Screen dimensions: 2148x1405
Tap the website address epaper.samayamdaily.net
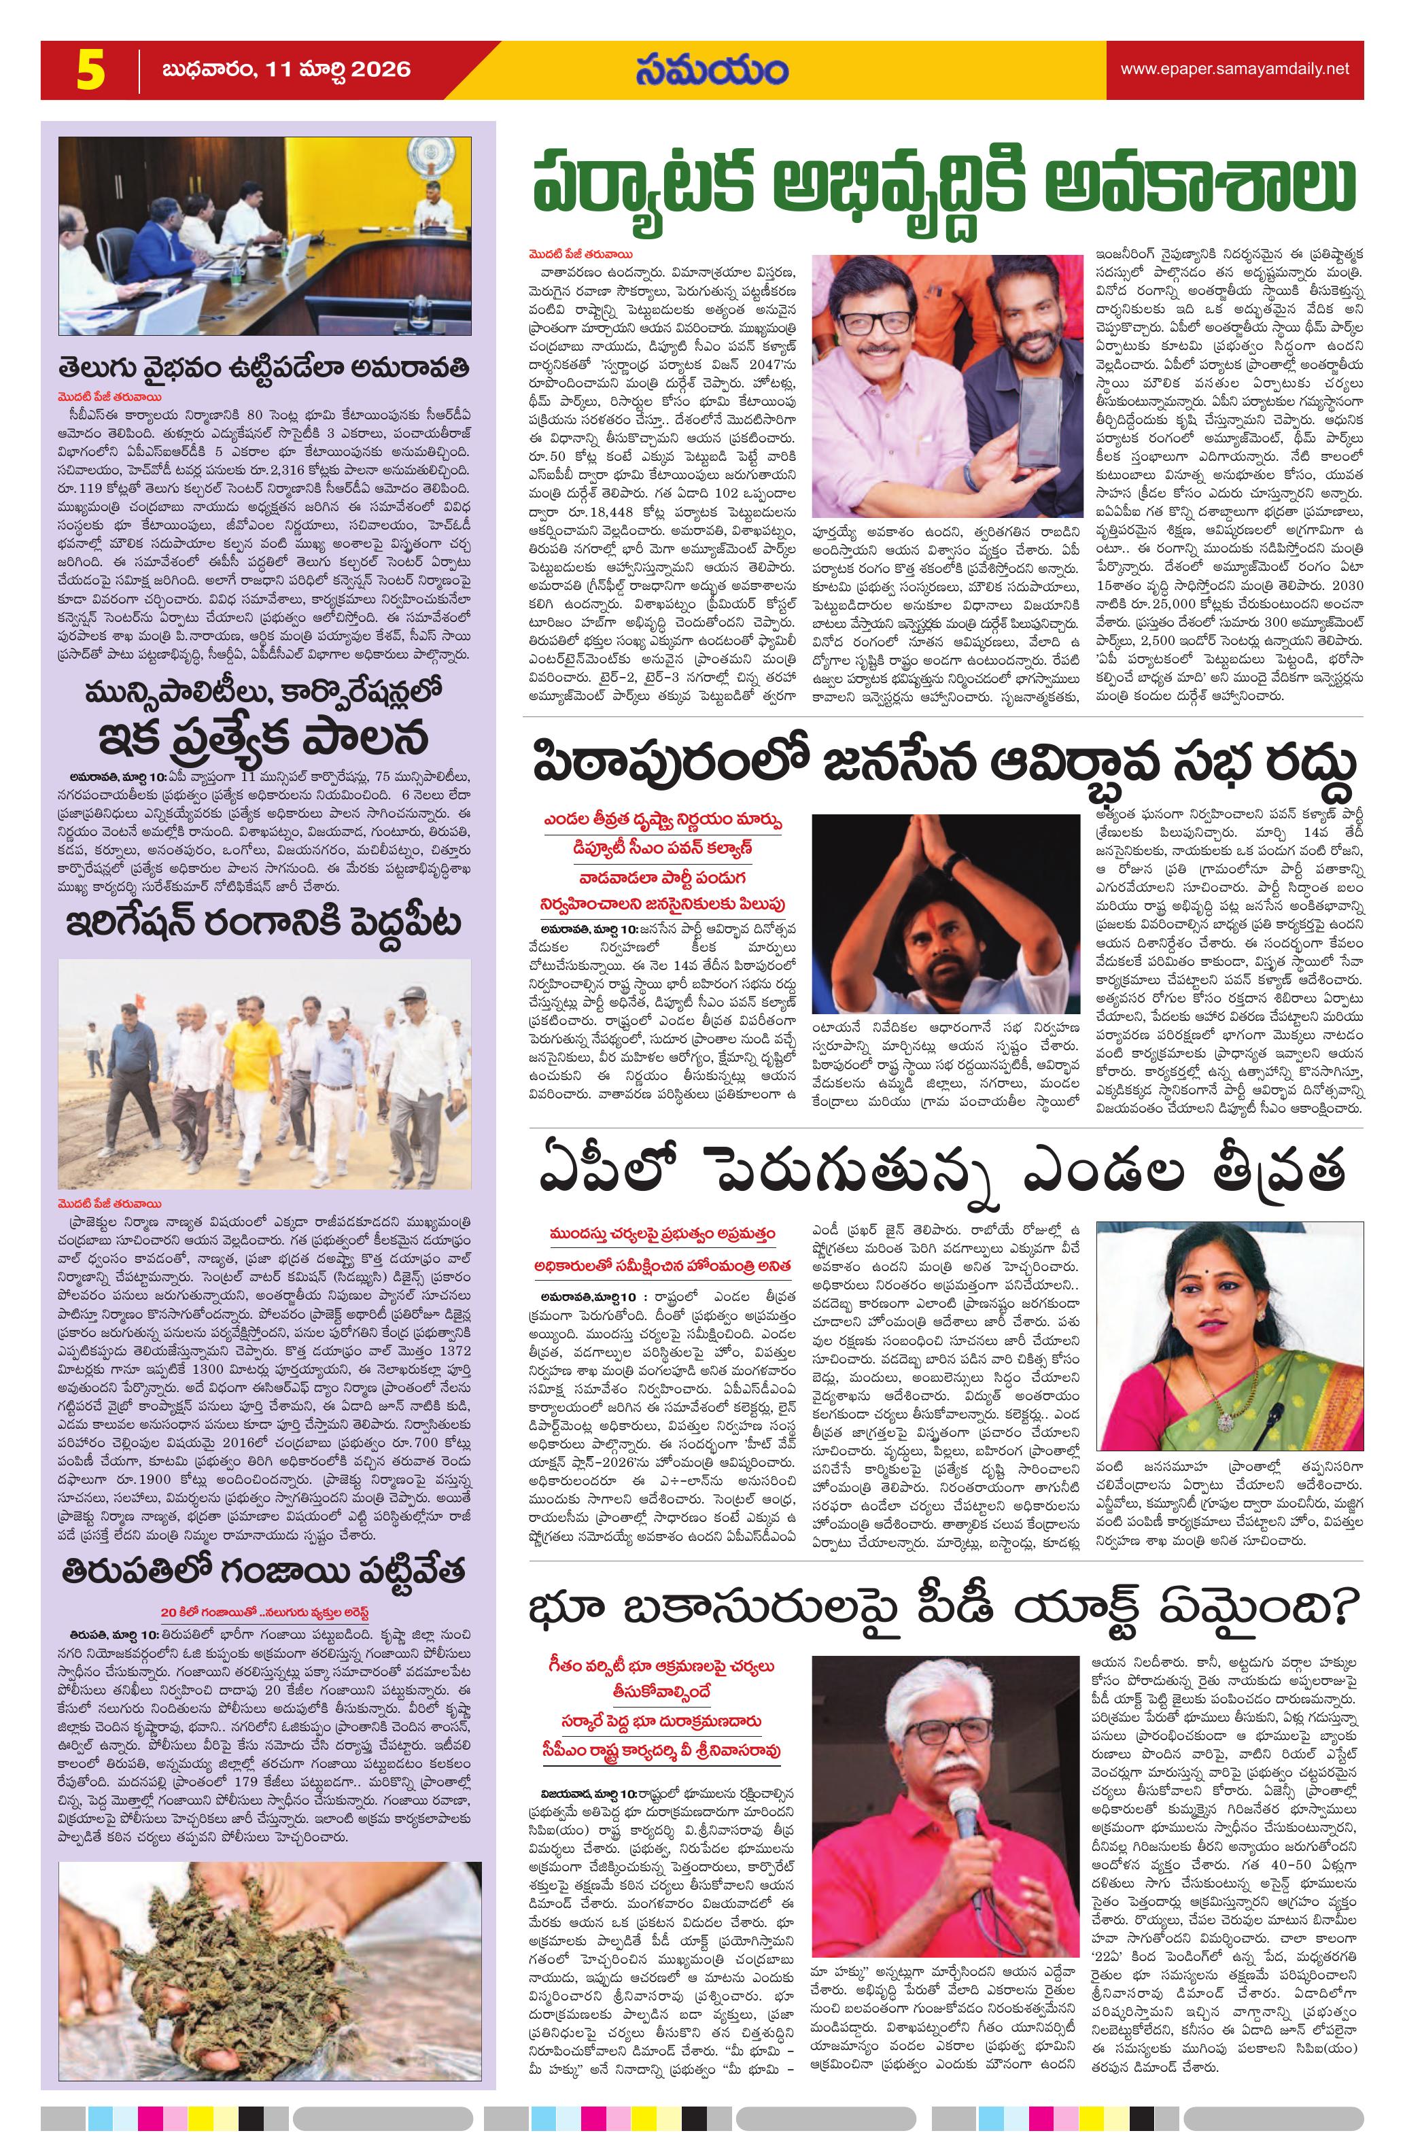(x=1234, y=69)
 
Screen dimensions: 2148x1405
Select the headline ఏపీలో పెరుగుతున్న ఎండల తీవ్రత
(x=943, y=1171)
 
